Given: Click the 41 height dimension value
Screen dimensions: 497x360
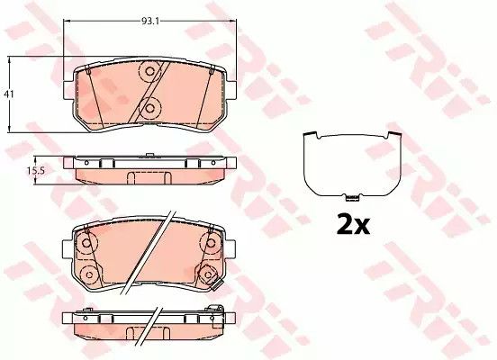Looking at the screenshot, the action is [9, 94].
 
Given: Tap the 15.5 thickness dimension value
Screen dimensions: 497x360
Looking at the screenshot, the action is [35, 170].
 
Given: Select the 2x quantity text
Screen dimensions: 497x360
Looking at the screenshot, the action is [353, 225].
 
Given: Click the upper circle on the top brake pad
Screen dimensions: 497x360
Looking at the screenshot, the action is [149, 71].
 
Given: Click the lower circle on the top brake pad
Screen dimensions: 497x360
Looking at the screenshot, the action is [149, 108].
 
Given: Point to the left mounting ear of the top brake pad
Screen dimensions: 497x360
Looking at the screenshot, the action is [68, 90].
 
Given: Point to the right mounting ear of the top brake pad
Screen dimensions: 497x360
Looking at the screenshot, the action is [231, 90].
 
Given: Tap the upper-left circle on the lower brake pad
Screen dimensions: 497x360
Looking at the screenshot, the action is [86, 243].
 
